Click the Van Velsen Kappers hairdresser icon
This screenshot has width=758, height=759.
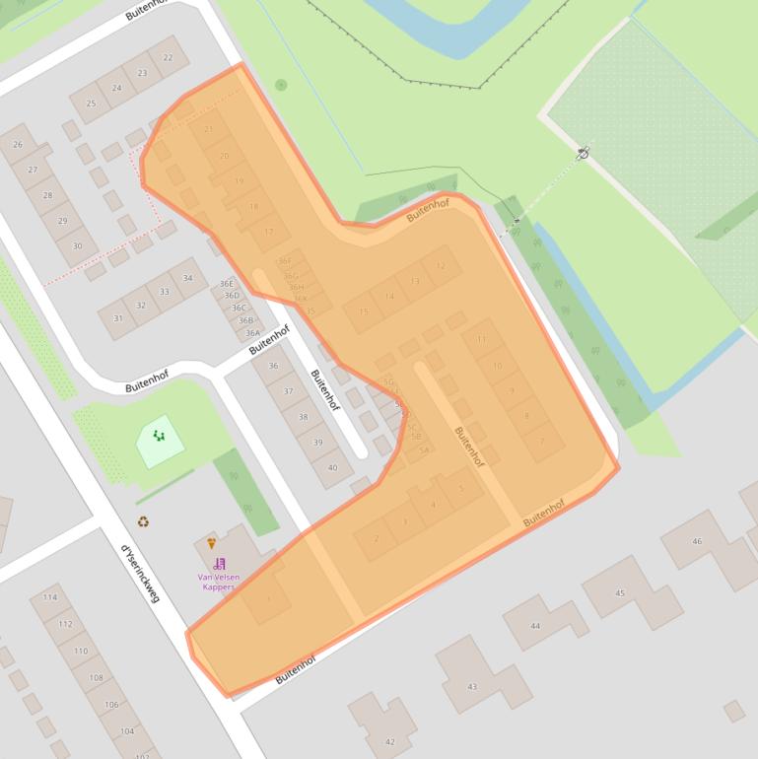(219, 564)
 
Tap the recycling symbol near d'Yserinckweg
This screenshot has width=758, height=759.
(143, 521)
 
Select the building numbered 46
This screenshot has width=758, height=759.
(698, 541)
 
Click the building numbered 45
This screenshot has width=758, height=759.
(620, 592)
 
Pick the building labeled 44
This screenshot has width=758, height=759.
(535, 625)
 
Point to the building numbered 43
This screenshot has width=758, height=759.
(472, 686)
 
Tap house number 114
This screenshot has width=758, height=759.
(50, 597)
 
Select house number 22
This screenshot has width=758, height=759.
(169, 57)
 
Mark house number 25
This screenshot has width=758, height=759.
(92, 103)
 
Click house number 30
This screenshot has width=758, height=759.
(78, 245)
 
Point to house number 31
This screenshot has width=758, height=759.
(118, 318)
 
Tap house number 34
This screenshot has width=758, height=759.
(187, 278)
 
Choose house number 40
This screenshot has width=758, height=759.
(333, 468)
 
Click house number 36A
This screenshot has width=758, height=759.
(253, 333)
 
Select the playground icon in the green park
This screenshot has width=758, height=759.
(159, 435)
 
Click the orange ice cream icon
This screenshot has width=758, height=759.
(211, 543)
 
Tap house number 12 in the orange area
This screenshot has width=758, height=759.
(441, 265)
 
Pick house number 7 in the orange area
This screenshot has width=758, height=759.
(541, 443)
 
